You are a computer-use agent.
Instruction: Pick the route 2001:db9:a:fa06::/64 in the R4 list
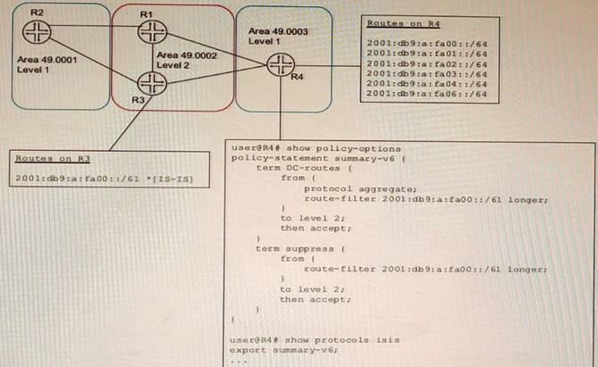click(426, 93)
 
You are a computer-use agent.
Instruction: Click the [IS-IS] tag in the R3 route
click(177, 179)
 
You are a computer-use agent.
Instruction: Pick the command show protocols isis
click(315, 340)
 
